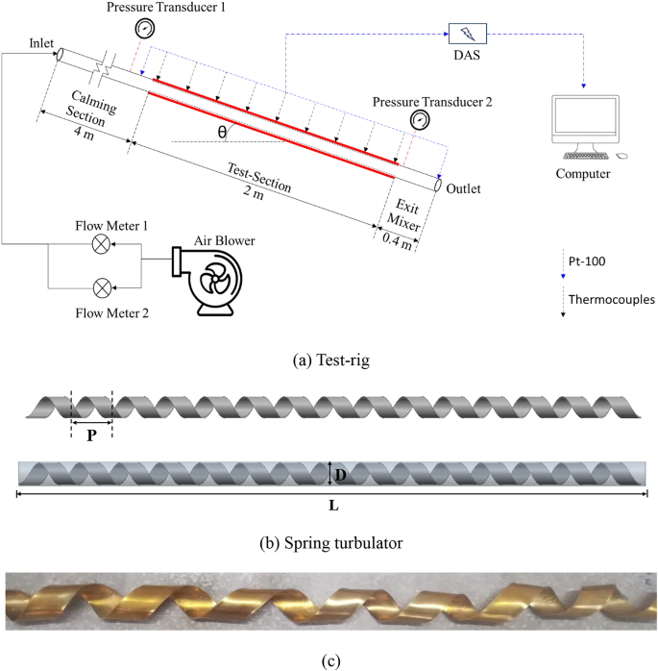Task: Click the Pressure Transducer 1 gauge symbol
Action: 144,28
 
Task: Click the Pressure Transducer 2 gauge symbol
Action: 419,119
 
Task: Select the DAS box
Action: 467,35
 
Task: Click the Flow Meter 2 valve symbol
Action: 100,287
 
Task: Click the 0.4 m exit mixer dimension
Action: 397,240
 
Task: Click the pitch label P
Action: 91,434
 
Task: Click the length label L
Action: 331,506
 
